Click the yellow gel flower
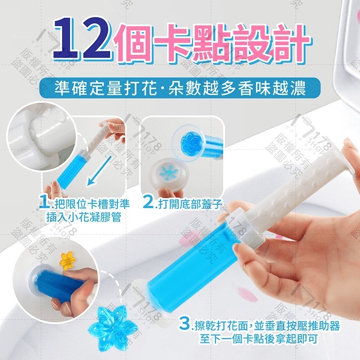(x=68, y=260)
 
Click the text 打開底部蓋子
(x=190, y=205)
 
